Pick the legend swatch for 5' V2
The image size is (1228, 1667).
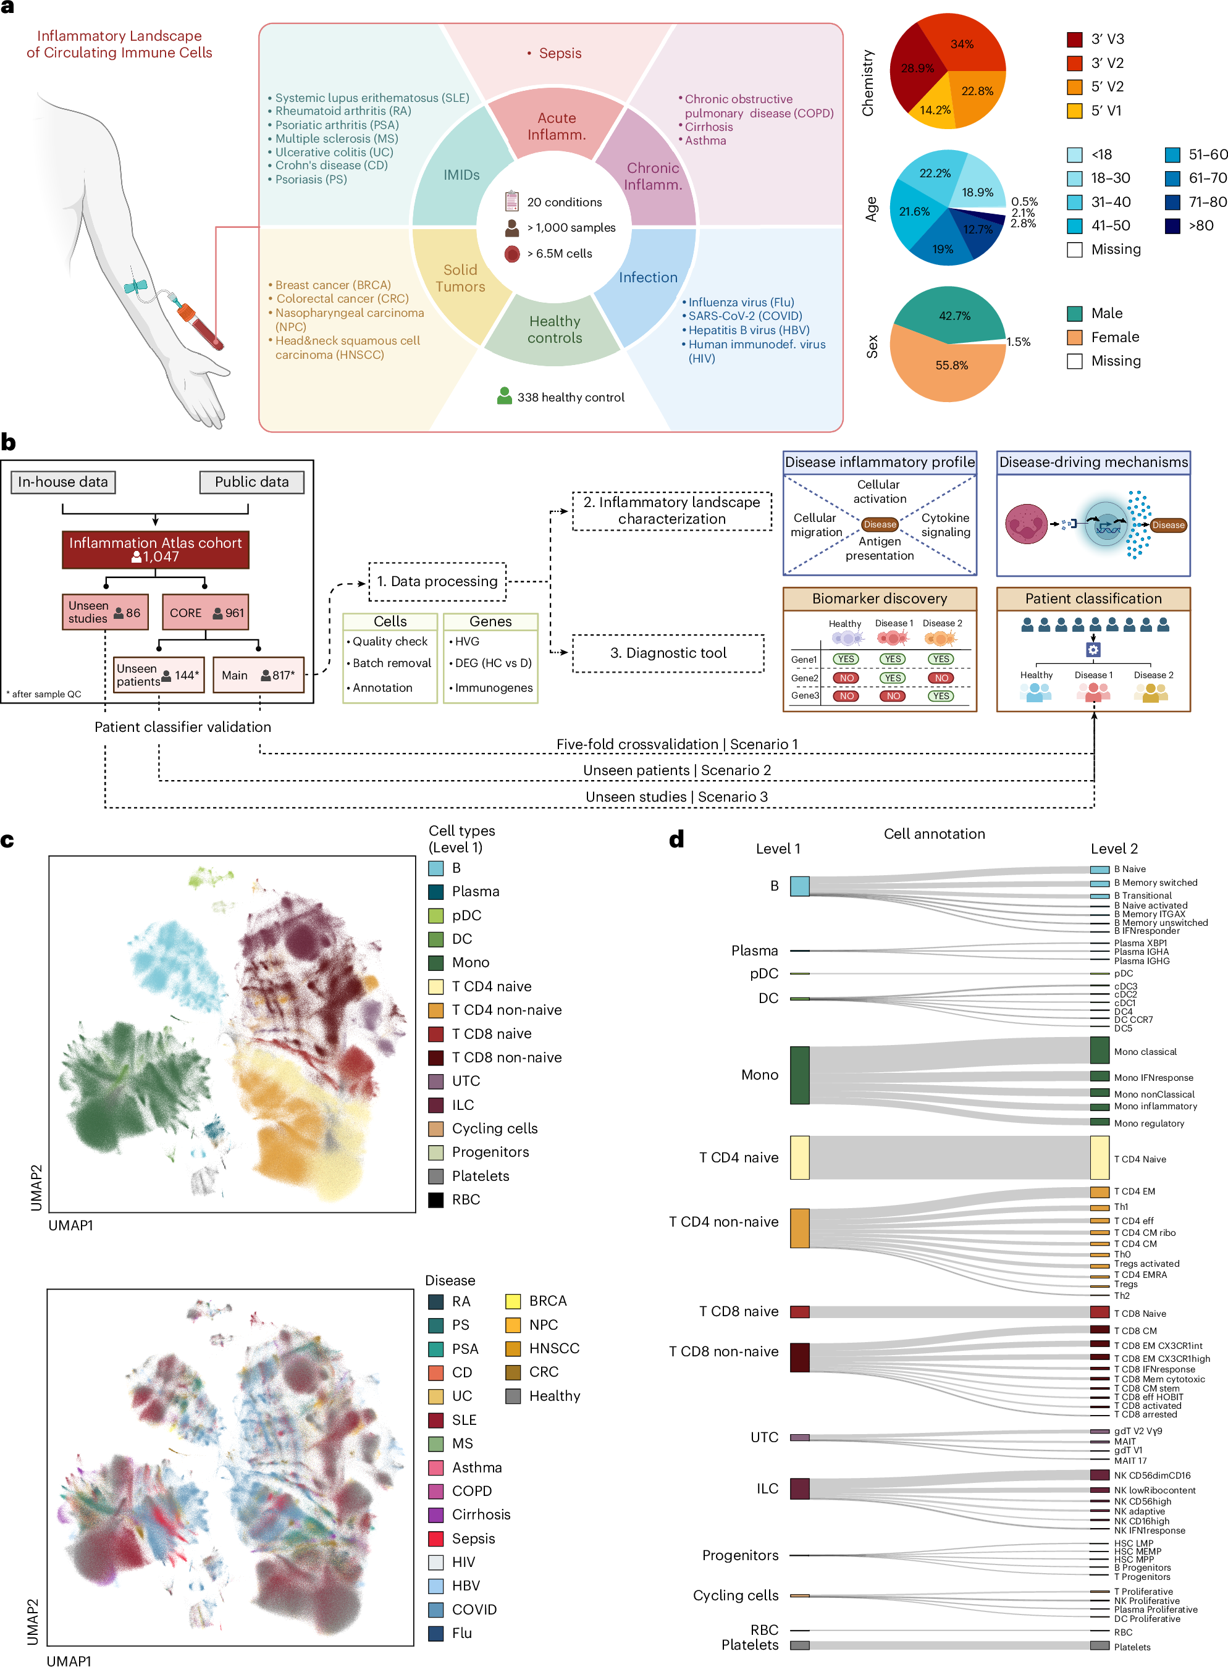pos(1074,87)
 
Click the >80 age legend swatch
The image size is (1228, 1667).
pos(1172,226)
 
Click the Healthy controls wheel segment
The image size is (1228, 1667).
pos(555,329)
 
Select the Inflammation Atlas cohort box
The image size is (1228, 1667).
pos(156,549)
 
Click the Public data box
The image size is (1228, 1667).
pos(251,482)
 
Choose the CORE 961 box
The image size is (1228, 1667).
pos(205,613)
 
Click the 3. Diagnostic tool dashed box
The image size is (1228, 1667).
pos(668,652)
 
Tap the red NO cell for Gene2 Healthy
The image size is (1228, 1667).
pos(846,678)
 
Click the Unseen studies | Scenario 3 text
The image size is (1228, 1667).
pos(676,797)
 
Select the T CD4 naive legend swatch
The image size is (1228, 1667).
pos(436,986)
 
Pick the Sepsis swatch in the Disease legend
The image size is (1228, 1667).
pos(436,1538)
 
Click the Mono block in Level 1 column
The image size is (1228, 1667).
pos(799,1075)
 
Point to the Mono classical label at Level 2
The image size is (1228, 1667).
pos(1145,1052)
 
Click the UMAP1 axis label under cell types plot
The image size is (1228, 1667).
pos(70,1225)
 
